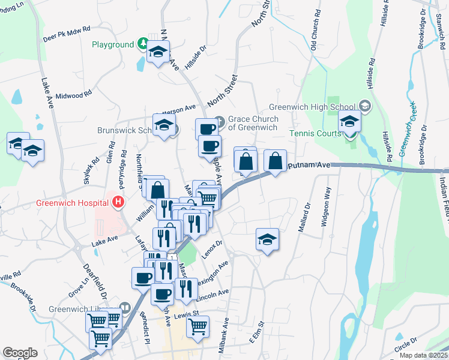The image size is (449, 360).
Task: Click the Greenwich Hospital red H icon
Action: pyautogui.click(x=118, y=202)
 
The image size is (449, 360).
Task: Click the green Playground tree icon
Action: pyautogui.click(x=143, y=44)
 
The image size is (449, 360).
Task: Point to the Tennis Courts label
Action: pyautogui.click(x=315, y=133)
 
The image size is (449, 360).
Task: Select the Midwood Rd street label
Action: pyautogui.click(x=73, y=95)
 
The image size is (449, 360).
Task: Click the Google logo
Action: pyautogui.click(x=20, y=352)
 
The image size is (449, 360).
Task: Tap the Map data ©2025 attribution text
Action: pyautogui.click(x=423, y=355)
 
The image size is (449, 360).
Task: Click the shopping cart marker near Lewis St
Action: pyautogui.click(x=197, y=327)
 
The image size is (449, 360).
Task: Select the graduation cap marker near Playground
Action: pyautogui.click(x=158, y=52)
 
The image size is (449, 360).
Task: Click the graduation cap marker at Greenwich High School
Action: pyautogui.click(x=349, y=121)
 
